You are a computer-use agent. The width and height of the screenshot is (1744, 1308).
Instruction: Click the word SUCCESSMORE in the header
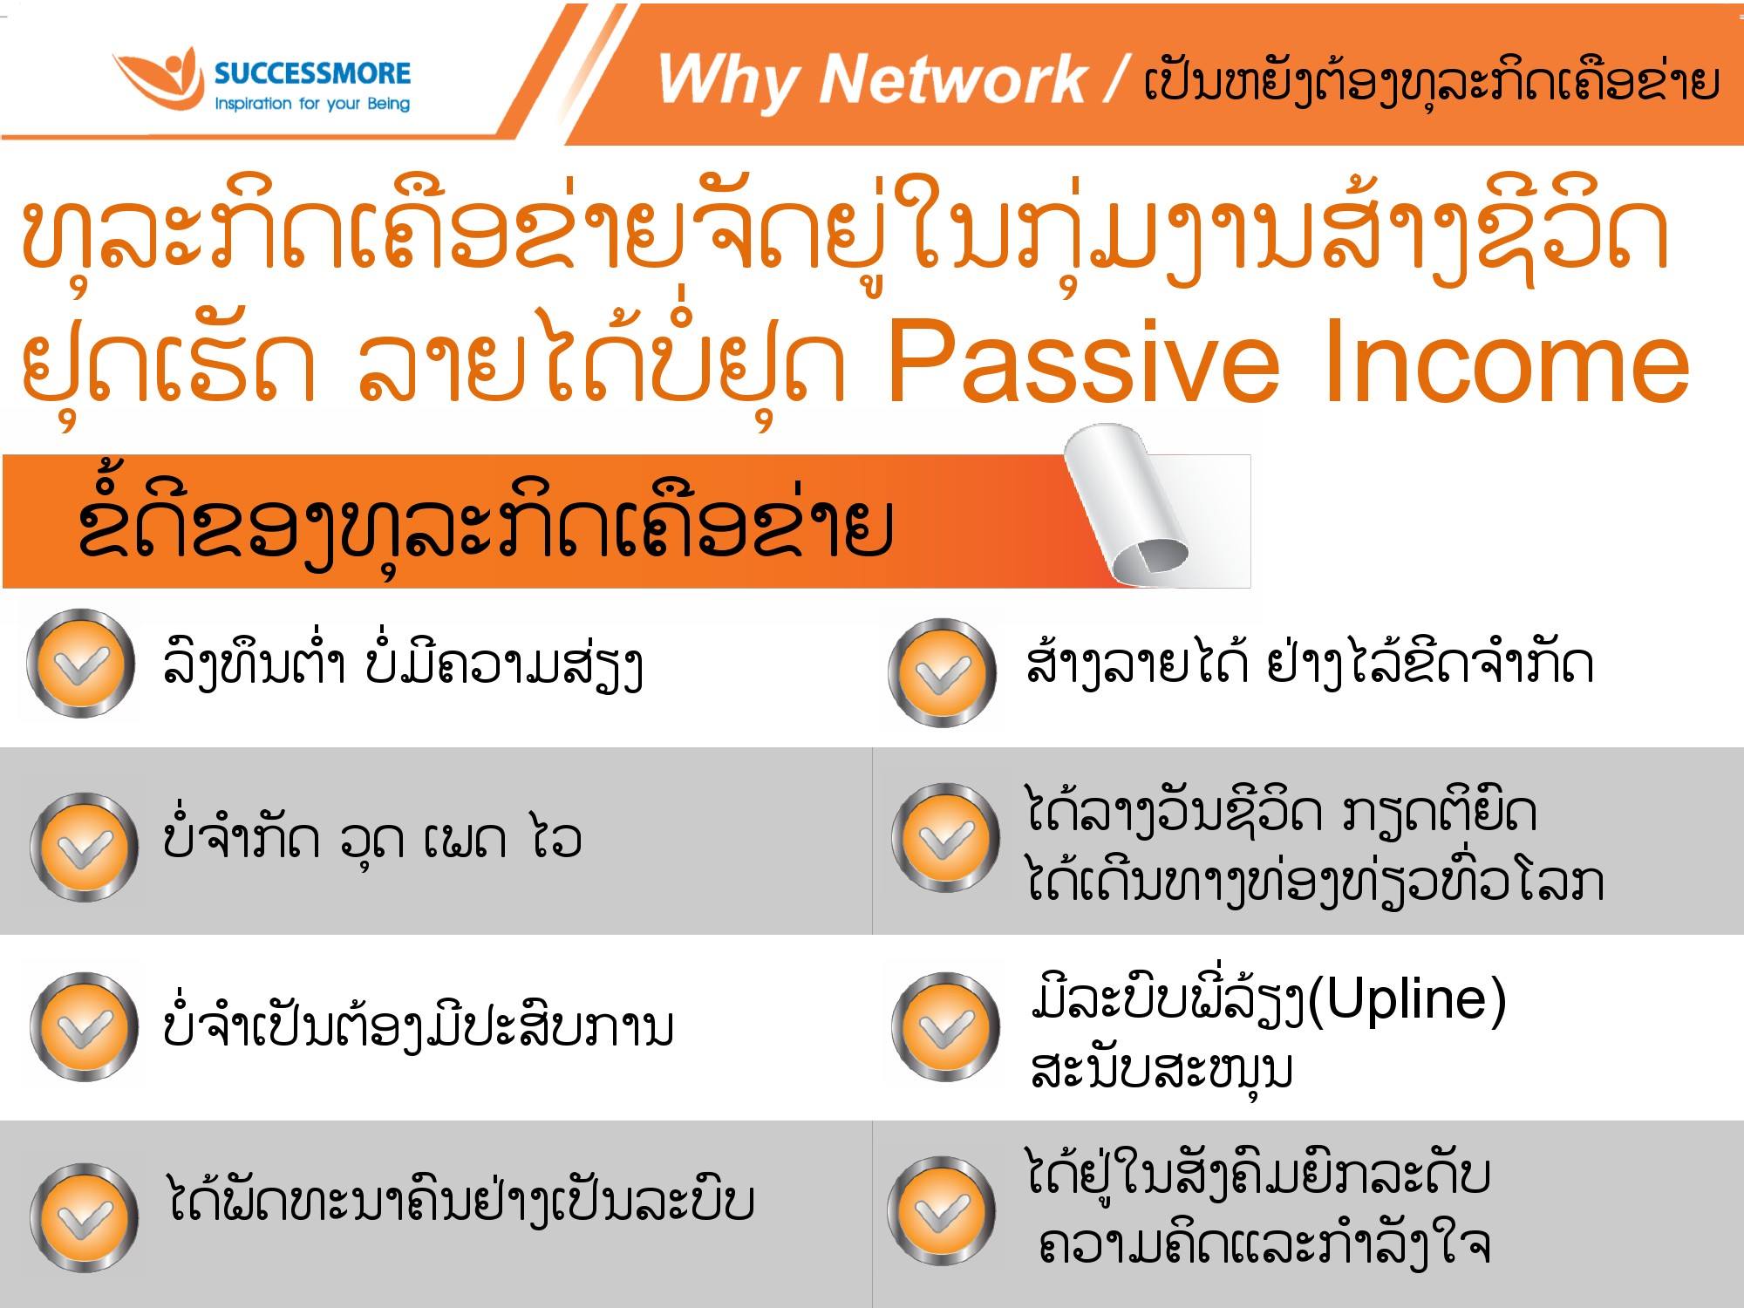click(x=312, y=73)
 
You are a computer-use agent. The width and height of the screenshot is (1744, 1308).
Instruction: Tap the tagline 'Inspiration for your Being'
click(x=312, y=104)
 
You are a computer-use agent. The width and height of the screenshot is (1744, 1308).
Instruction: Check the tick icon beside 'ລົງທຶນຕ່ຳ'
click(x=82, y=664)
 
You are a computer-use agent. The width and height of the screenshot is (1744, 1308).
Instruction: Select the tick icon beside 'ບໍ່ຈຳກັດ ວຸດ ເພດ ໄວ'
click(x=84, y=847)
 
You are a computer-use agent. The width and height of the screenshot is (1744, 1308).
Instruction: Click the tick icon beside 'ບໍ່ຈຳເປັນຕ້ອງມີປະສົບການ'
click(x=84, y=1026)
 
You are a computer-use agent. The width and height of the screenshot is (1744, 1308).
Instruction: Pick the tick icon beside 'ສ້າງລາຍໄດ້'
click(x=943, y=672)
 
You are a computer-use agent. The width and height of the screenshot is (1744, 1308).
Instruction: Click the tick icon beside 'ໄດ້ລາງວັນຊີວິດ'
click(x=946, y=838)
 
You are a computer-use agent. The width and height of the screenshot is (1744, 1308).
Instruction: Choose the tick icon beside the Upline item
click(x=944, y=1027)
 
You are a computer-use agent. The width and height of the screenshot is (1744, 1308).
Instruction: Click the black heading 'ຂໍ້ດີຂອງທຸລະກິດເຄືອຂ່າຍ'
click(x=485, y=525)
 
